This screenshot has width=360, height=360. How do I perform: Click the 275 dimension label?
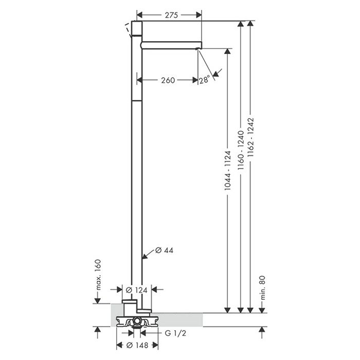(171, 15)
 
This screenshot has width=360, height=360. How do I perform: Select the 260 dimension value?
(168, 80)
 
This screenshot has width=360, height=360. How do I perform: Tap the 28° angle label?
(204, 80)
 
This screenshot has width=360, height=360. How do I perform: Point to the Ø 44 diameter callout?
(164, 250)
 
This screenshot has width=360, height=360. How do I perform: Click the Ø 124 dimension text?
(137, 290)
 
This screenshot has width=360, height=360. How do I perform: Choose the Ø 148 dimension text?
(137, 345)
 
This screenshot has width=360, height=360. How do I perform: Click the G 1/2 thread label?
(175, 333)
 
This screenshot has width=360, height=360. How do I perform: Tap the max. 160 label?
(98, 274)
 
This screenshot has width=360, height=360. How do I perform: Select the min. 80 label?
(263, 287)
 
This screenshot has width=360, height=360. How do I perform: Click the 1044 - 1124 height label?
(227, 170)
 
